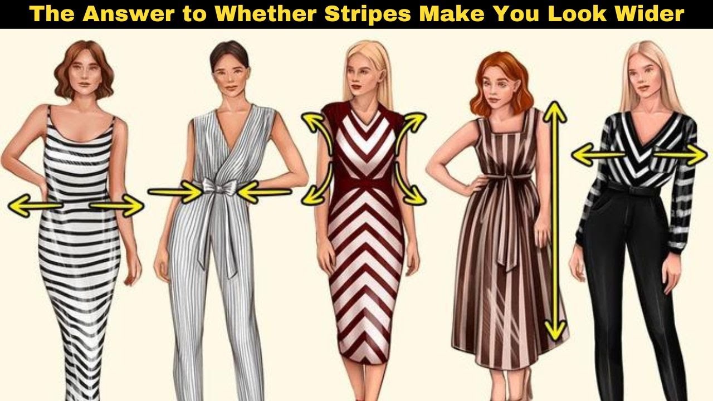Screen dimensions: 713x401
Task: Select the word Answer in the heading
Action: coord(128,14)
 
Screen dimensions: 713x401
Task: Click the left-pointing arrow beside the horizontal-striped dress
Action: coord(35,206)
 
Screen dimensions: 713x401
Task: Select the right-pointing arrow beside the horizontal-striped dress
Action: coord(117,206)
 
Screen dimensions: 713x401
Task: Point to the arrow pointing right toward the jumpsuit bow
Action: coord(175,192)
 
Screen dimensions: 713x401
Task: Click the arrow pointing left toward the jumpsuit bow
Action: coord(264,192)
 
